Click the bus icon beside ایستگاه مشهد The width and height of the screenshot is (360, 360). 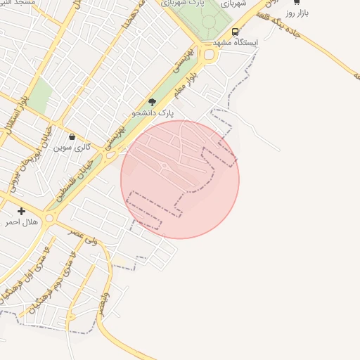[x=235, y=32]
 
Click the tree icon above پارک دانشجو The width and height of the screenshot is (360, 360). [x=153, y=102]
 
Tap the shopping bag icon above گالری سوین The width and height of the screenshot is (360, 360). [x=72, y=136]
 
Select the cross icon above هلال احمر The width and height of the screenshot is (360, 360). [x=21, y=211]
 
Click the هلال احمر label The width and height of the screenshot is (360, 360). [x=20, y=222]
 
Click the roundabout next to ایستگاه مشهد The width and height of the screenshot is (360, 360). [x=209, y=55]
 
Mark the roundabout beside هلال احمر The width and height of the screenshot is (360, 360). [x=49, y=218]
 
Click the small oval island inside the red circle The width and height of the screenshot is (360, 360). [x=164, y=166]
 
